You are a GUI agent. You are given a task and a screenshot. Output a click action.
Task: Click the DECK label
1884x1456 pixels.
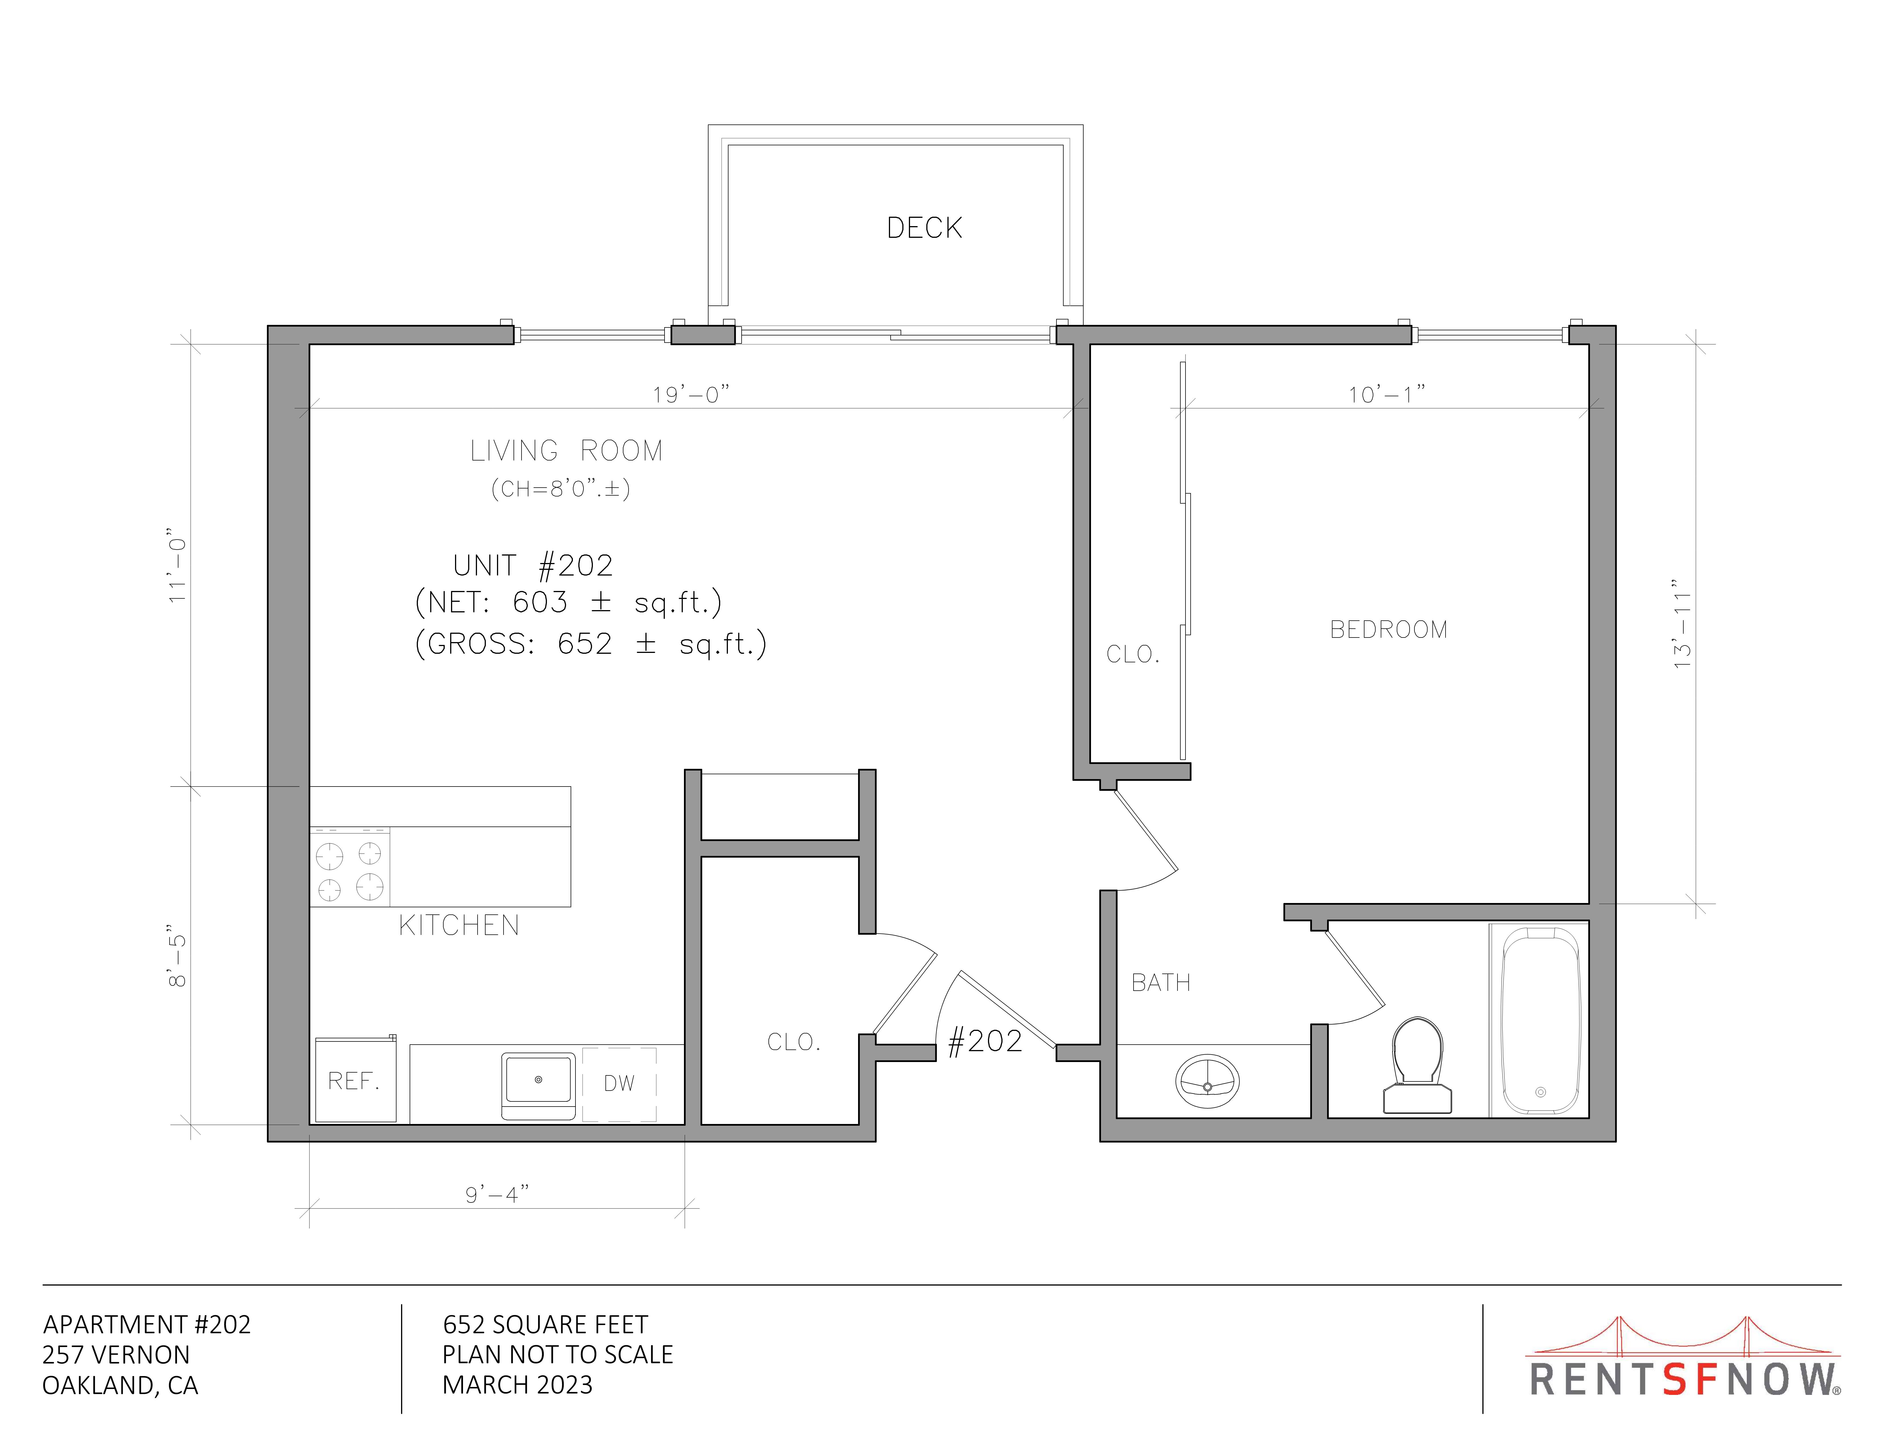(x=924, y=228)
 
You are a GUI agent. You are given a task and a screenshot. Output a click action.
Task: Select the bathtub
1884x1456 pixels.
(x=1541, y=1020)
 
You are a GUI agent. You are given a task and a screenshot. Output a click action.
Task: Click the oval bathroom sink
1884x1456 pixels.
(x=1208, y=1081)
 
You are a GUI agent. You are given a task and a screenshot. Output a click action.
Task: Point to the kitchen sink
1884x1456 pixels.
(x=538, y=1085)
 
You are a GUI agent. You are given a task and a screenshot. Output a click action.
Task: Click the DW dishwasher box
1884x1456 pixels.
(x=619, y=1084)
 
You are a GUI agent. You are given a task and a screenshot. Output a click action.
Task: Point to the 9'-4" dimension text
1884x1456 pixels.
(x=497, y=1194)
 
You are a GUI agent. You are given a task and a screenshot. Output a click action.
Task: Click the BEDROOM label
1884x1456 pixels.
(x=1389, y=630)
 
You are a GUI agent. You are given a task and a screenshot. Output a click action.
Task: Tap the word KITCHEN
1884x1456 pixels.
(x=459, y=926)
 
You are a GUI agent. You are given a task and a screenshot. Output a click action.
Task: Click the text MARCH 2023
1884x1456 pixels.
(x=518, y=1384)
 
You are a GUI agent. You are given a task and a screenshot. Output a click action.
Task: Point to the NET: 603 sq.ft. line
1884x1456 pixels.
(x=568, y=602)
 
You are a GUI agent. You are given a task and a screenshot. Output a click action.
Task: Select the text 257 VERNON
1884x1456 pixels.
(x=116, y=1354)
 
